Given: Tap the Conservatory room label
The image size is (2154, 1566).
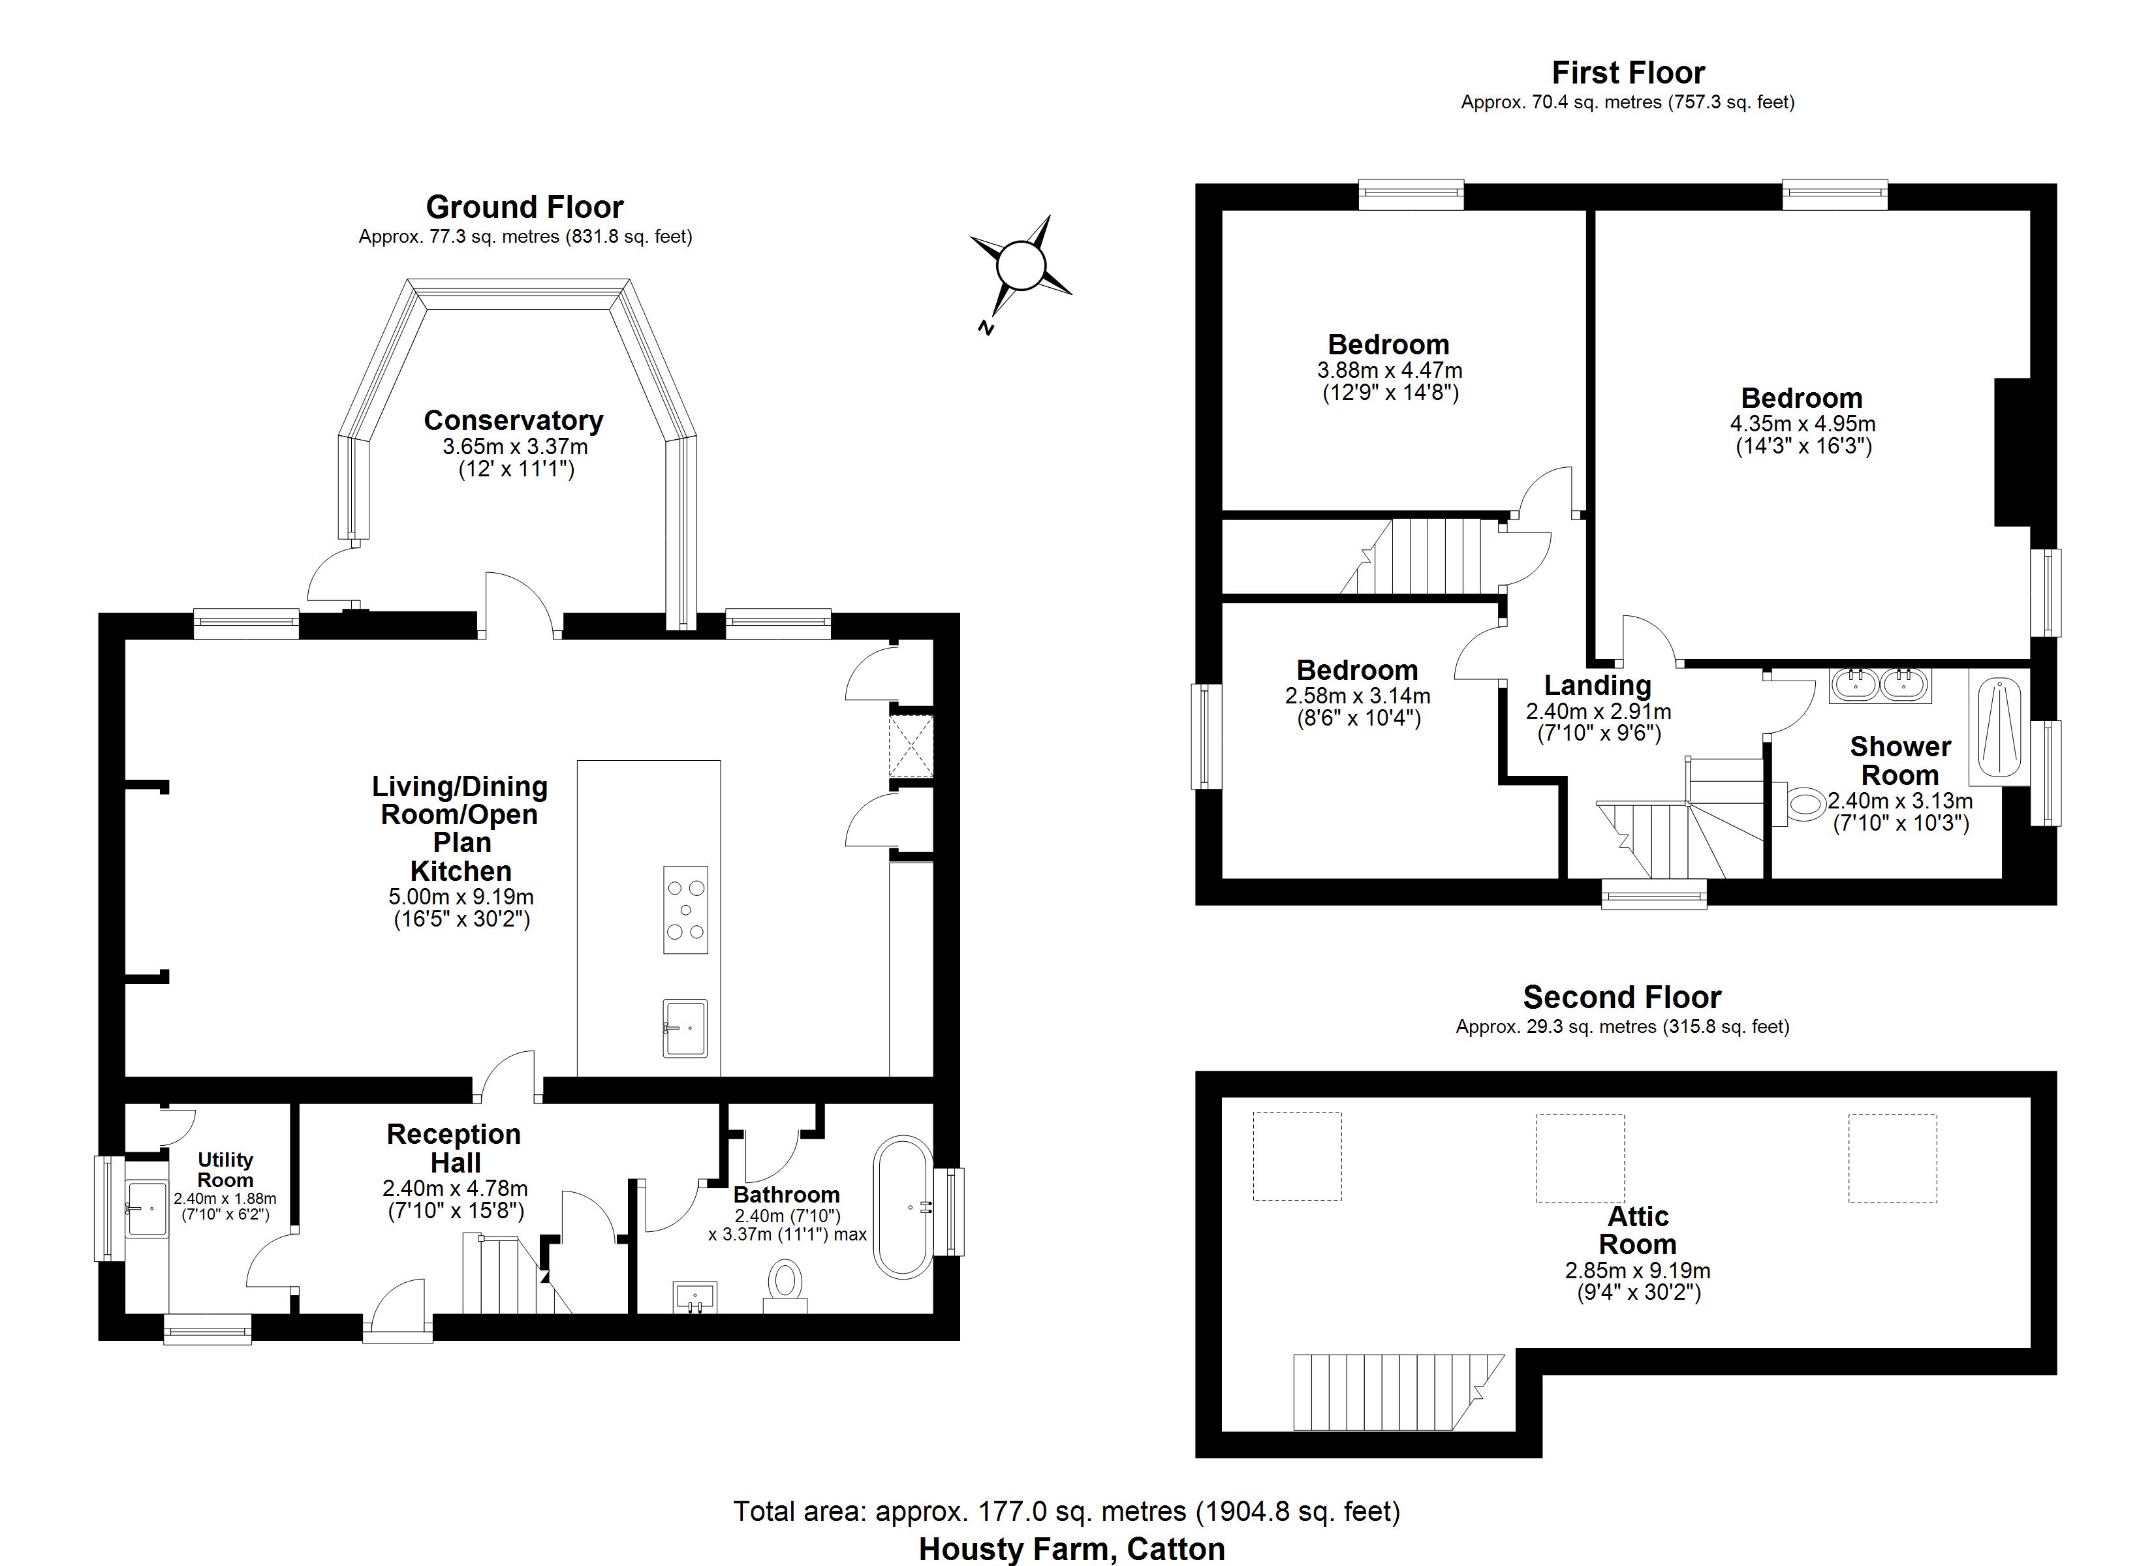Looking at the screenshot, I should [x=514, y=421].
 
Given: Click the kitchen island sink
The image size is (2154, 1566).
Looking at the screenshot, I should [x=685, y=1028].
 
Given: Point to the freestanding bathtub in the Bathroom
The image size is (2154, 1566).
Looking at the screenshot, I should [x=903, y=1206].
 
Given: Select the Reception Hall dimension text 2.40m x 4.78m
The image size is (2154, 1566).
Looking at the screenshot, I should [x=455, y=1189].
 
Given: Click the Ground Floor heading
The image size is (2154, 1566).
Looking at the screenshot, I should [x=524, y=207].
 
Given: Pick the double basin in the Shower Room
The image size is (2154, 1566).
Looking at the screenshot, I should [x=1879, y=684].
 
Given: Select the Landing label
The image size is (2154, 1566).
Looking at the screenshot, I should [x=1597, y=684].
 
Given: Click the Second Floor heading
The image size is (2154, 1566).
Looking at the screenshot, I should [x=1622, y=997].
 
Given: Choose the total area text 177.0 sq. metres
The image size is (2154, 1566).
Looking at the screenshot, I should [x=1067, y=1511].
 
